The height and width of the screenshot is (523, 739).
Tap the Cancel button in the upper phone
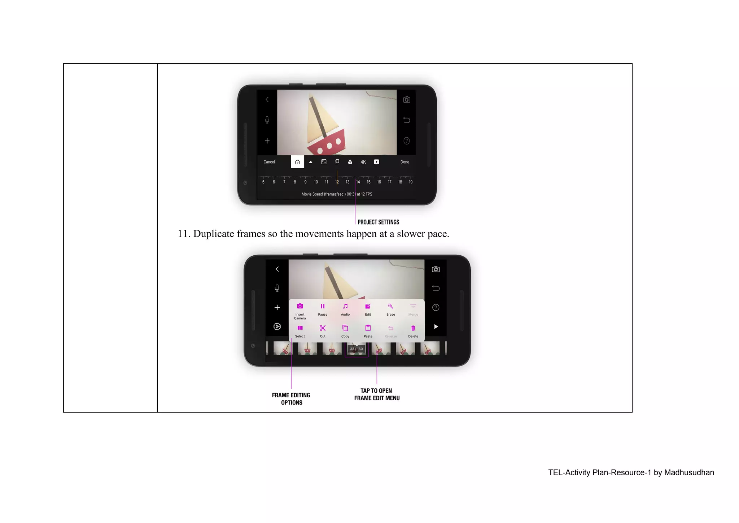click(x=269, y=162)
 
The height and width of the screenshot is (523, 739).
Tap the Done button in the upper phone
click(x=405, y=162)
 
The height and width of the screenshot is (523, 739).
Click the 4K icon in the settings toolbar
click(x=363, y=162)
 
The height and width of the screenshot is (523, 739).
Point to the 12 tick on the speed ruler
click(x=337, y=182)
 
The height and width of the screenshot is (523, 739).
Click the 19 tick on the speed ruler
click(x=410, y=182)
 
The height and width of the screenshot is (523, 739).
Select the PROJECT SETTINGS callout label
click(x=378, y=222)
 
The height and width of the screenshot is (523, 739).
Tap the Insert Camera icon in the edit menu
click(x=300, y=306)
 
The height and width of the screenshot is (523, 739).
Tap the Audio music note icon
click(x=345, y=306)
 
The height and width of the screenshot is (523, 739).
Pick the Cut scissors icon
click(x=323, y=328)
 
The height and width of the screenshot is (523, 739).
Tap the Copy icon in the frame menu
click(x=345, y=328)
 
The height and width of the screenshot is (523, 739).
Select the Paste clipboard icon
click(x=368, y=328)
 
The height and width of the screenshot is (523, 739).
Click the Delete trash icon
click(x=413, y=328)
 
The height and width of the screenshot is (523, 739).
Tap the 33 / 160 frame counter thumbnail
click(x=356, y=349)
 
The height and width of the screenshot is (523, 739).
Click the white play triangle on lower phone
click(x=436, y=327)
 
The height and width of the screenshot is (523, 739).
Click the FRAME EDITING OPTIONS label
click(x=291, y=399)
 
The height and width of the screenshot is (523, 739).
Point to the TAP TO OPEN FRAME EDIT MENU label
click(x=377, y=394)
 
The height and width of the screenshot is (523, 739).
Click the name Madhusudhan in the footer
click(x=689, y=472)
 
